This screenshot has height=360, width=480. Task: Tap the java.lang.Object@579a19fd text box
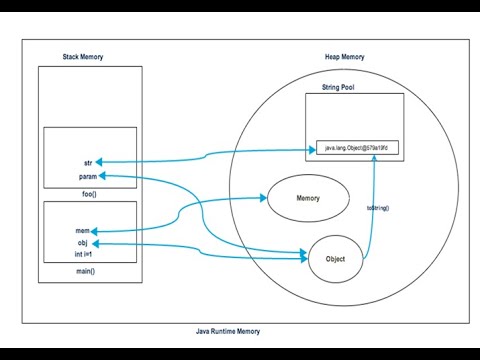pos(355,147)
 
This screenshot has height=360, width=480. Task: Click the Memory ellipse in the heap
pos(308,199)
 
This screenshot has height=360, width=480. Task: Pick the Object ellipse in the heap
pos(335,257)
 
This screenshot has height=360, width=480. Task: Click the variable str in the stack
pos(88,162)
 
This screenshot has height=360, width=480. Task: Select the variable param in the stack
pos(87,176)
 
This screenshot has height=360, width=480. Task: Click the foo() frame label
pos(87,194)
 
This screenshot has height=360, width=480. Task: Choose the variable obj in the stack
pos(84,242)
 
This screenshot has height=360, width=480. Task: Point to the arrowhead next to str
pos(103,162)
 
